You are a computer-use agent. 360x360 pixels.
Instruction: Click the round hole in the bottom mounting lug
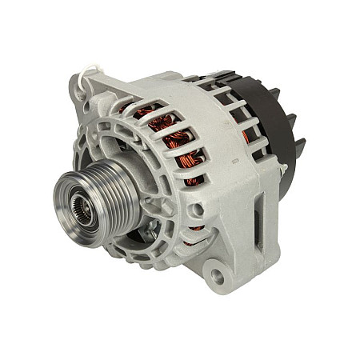tap(216, 276)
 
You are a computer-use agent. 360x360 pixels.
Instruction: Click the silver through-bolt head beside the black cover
tap(282, 170)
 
